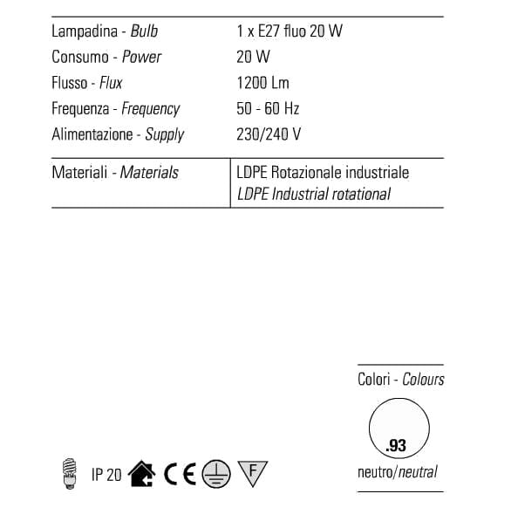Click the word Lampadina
pos(81,32)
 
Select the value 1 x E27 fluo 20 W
pos(290,32)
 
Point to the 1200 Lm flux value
pos(262,83)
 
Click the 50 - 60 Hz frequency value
pos(269,109)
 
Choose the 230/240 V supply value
pos(269,135)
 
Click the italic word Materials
pos(149,173)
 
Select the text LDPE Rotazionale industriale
pos(323,173)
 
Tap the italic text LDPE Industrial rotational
pos(314,194)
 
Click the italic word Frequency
pos(151,109)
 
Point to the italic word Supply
pos(165,135)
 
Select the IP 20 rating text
pos(106,475)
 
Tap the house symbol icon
pos(142,474)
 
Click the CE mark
pos(181,474)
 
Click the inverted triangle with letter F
pos(252,473)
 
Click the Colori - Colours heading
pos(400,380)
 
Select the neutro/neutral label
pos(398,473)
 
